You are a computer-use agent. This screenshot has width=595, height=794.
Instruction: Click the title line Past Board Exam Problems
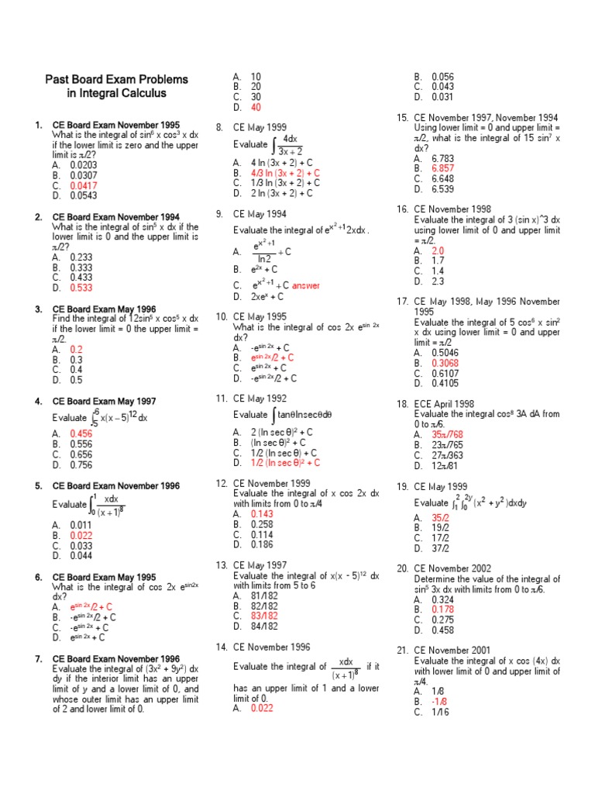tap(116, 79)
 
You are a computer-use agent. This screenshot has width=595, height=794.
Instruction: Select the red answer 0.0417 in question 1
tap(84, 186)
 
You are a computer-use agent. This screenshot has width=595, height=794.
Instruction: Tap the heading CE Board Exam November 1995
tap(115, 125)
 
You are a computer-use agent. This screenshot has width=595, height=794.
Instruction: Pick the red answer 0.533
tap(81, 288)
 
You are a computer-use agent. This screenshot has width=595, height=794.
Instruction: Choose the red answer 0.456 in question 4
tap(81, 433)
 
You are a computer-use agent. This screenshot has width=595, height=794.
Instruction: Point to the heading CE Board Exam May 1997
tap(104, 401)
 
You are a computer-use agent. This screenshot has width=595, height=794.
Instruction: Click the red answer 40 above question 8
tap(256, 107)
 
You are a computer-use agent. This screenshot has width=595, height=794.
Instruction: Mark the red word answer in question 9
tap(306, 285)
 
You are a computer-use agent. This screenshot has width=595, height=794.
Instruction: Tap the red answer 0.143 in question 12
tap(262, 513)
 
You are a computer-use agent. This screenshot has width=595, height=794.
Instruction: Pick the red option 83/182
tap(264, 616)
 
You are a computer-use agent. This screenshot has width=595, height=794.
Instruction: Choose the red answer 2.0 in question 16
tap(438, 251)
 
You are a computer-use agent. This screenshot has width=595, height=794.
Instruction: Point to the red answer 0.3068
tap(445, 362)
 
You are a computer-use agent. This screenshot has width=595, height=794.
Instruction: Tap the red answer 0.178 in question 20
tap(442, 609)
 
